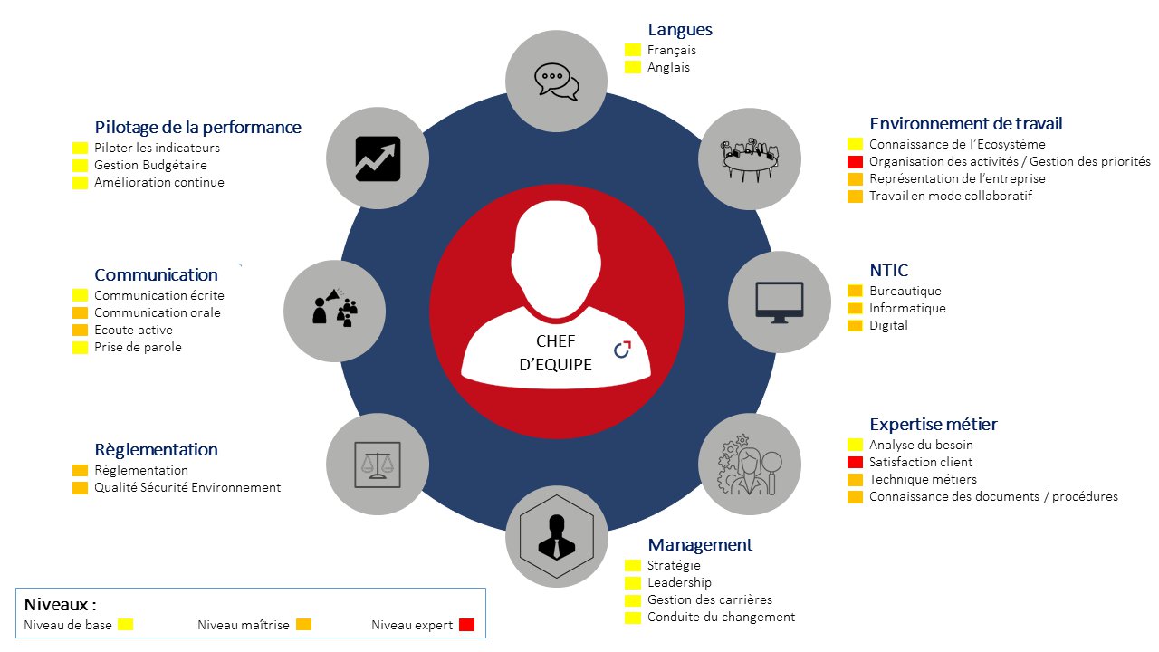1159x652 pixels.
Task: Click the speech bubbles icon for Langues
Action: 557,81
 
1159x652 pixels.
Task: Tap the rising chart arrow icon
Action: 378,158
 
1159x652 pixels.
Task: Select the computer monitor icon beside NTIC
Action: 780,302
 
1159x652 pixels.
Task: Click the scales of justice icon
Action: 378,465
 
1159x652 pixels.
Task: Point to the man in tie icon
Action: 557,537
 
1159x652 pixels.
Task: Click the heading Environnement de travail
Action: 965,124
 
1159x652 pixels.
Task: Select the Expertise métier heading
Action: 933,425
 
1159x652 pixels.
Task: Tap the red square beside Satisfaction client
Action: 855,462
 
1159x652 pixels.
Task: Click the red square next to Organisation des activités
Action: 855,162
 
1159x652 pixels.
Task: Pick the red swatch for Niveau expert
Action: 466,625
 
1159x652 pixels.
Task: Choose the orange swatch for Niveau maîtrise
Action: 303,625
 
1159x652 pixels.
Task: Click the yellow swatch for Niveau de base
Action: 125,625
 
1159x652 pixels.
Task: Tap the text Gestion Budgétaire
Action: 150,165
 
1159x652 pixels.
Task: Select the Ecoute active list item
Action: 133,330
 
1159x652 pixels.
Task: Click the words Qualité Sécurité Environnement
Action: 187,487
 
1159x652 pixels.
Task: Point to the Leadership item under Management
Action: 679,582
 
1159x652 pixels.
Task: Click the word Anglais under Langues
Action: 668,67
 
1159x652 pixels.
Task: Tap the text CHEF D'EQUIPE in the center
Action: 556,353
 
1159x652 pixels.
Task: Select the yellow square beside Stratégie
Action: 632,566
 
